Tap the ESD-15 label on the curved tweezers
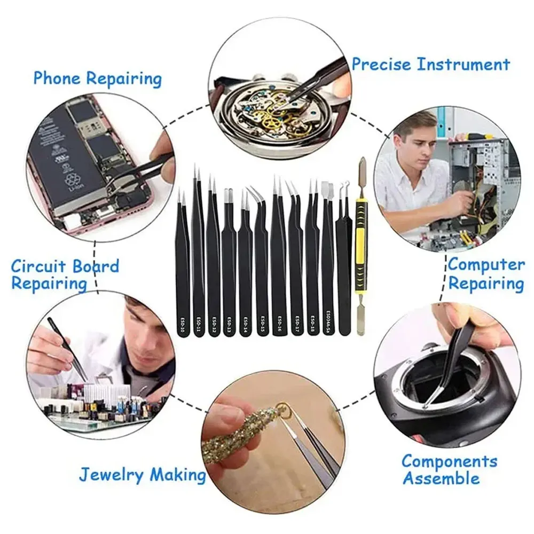262,323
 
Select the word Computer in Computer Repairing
486,264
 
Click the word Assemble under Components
441,478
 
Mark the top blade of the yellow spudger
362,169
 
